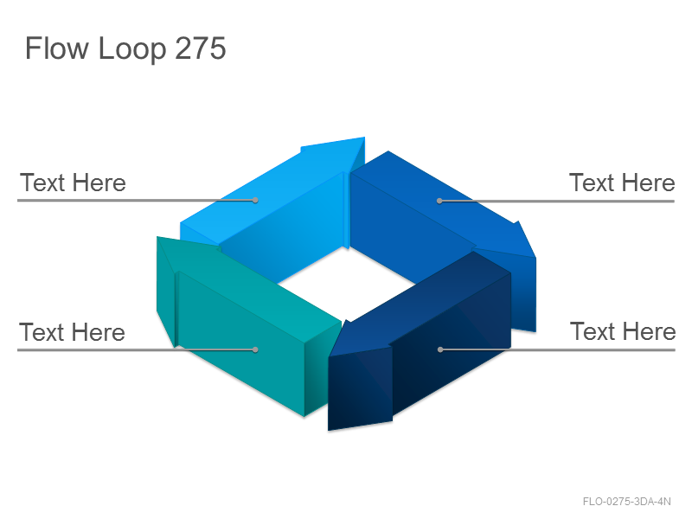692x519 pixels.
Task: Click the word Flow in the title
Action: (x=57, y=48)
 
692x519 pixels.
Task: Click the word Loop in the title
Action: (x=132, y=49)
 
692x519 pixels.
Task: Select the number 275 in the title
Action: (x=201, y=48)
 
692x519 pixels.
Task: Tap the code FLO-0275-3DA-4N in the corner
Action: (x=626, y=502)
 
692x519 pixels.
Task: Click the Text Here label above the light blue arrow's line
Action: (x=73, y=183)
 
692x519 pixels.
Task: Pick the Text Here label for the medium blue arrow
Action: (x=622, y=183)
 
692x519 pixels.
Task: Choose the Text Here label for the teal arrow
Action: (x=72, y=332)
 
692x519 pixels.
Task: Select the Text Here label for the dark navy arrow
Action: (x=623, y=331)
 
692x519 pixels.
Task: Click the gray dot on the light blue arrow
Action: (x=255, y=201)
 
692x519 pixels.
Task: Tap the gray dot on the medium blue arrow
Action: (x=439, y=201)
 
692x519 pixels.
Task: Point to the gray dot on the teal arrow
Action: (x=255, y=349)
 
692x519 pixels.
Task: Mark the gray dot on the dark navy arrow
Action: (x=440, y=349)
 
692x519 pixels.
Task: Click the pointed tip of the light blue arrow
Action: (x=363, y=138)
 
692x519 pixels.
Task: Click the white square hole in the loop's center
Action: (x=347, y=283)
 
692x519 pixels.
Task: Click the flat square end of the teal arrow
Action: (x=322, y=368)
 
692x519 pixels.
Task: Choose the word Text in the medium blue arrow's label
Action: (x=593, y=183)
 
